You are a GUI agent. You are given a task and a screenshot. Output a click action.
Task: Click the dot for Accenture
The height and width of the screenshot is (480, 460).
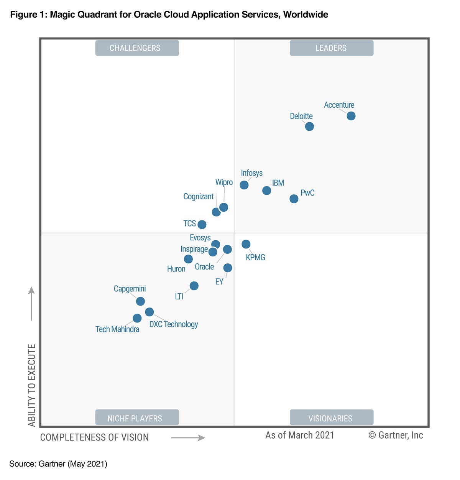pos(351,116)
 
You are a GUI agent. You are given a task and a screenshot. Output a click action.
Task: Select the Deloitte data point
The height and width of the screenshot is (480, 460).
pos(309,126)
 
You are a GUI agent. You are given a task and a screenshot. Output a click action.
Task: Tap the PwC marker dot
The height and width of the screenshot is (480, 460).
pos(294,199)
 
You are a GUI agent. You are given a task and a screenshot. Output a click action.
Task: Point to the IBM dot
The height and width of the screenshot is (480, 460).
pos(266,191)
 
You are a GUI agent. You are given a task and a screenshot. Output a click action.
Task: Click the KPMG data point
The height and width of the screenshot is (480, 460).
pos(246,244)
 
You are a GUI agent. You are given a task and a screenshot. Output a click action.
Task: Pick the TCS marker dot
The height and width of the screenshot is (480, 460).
pos(202,224)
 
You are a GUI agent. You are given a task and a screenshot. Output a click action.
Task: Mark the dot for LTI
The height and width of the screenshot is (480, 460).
pos(194,286)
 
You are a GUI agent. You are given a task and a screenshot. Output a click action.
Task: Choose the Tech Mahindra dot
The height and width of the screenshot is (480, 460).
pos(137,318)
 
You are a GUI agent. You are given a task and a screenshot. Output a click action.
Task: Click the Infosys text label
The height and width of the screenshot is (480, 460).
pos(251,173)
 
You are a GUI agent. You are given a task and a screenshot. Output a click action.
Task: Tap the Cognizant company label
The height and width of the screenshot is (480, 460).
pos(198,196)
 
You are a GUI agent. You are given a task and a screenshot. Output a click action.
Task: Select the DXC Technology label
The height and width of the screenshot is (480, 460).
pos(174,324)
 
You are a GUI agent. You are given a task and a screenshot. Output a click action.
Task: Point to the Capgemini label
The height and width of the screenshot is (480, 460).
pos(130,289)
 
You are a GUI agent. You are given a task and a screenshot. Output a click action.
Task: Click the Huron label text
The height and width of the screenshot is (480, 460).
pos(176,269)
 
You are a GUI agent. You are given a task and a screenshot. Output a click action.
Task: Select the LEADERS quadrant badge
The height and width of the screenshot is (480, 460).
pos(331,48)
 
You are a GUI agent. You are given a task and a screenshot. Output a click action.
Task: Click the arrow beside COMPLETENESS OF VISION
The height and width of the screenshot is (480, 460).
pos(188,438)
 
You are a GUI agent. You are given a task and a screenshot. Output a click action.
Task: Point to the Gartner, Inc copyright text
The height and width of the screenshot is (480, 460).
pos(396,435)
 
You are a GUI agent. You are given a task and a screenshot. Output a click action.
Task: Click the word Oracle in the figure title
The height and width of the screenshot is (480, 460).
pos(148,15)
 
